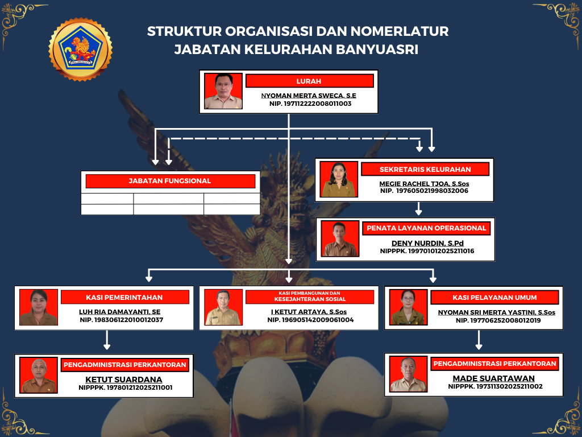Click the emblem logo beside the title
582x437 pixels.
tap(80, 49)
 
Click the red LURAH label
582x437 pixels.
tap(309, 81)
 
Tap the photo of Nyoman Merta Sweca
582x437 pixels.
tap(223, 92)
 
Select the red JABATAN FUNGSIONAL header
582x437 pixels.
tap(170, 181)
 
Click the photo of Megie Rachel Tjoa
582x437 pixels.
tap(339, 180)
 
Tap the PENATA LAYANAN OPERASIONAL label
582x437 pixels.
tap(426, 228)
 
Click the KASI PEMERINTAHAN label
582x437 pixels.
tap(124, 297)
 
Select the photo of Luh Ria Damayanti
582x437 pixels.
tap(39, 308)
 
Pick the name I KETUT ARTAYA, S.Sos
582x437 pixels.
tap(309, 312)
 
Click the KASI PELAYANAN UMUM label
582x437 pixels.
tap(494, 297)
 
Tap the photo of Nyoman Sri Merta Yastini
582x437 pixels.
tap(408, 308)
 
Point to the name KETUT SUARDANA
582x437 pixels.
tap(123, 380)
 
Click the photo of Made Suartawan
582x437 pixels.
tap(408, 374)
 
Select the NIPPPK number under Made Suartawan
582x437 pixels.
tap(495, 386)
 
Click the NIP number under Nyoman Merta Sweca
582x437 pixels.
tap(310, 104)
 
